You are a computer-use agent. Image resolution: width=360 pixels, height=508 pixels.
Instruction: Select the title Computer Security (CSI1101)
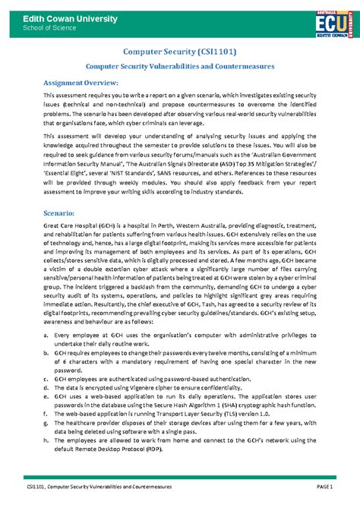coord(179,52)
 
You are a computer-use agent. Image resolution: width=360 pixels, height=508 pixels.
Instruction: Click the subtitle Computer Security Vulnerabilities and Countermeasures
coord(179,67)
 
